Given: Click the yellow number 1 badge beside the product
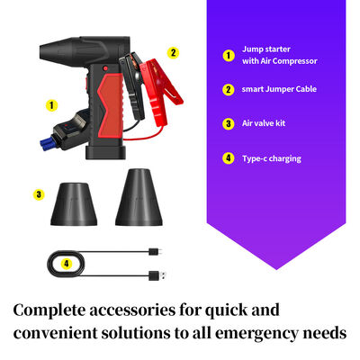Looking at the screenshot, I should coord(51,105).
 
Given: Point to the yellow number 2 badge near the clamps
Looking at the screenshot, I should coord(174,52).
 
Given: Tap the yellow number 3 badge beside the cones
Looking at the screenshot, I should coord(39,193).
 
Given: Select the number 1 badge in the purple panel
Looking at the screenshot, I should coord(229,54).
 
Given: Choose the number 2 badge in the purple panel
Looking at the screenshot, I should coord(229,89).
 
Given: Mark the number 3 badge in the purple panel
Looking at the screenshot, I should coord(229,123).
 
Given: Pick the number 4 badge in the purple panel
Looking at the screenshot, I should coord(229,158).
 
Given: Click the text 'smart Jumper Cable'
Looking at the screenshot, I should coord(280,89).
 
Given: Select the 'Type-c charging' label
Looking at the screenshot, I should coord(271,158).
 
